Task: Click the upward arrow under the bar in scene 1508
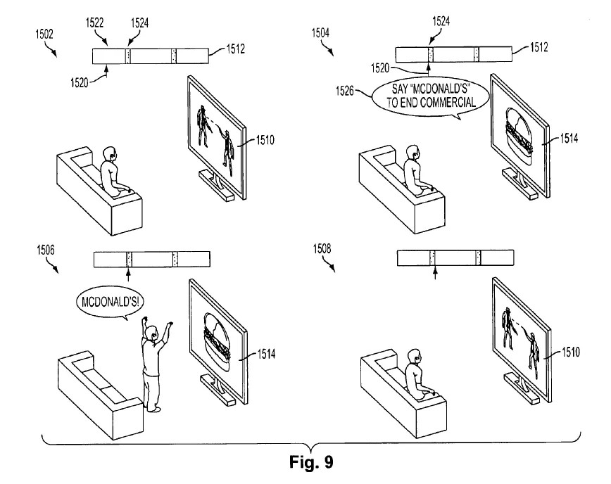point(434,272)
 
